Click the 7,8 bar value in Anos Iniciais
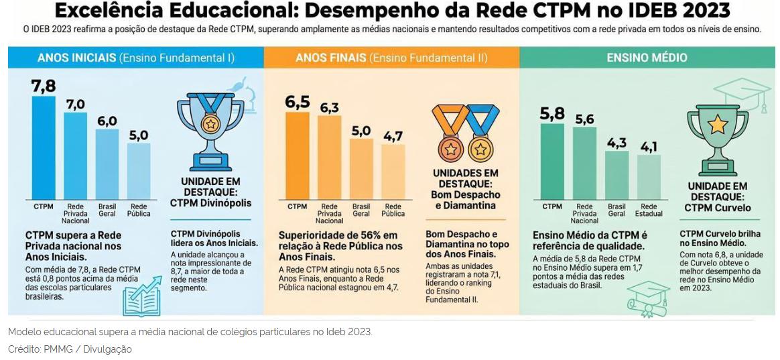coord(44,86)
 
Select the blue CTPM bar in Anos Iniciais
coord(44,147)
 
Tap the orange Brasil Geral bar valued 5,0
coord(361,169)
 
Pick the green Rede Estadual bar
coord(649,177)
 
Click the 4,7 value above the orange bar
coord(393,135)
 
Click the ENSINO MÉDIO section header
coord(647,57)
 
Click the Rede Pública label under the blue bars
coord(139,210)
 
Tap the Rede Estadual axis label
coord(649,210)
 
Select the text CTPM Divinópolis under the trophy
coord(211,202)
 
